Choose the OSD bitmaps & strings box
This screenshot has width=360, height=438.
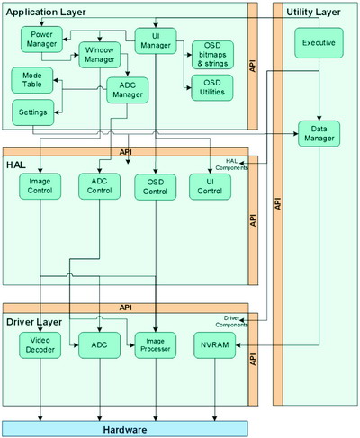(211, 54)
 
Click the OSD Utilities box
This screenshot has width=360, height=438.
(211, 87)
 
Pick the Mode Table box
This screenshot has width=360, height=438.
(31, 80)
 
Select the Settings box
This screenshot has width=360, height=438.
(31, 112)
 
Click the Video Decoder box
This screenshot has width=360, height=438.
(38, 345)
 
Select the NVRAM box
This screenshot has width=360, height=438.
(215, 345)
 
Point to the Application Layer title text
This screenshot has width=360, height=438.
(47, 11)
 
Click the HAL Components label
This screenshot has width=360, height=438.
(239, 162)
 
